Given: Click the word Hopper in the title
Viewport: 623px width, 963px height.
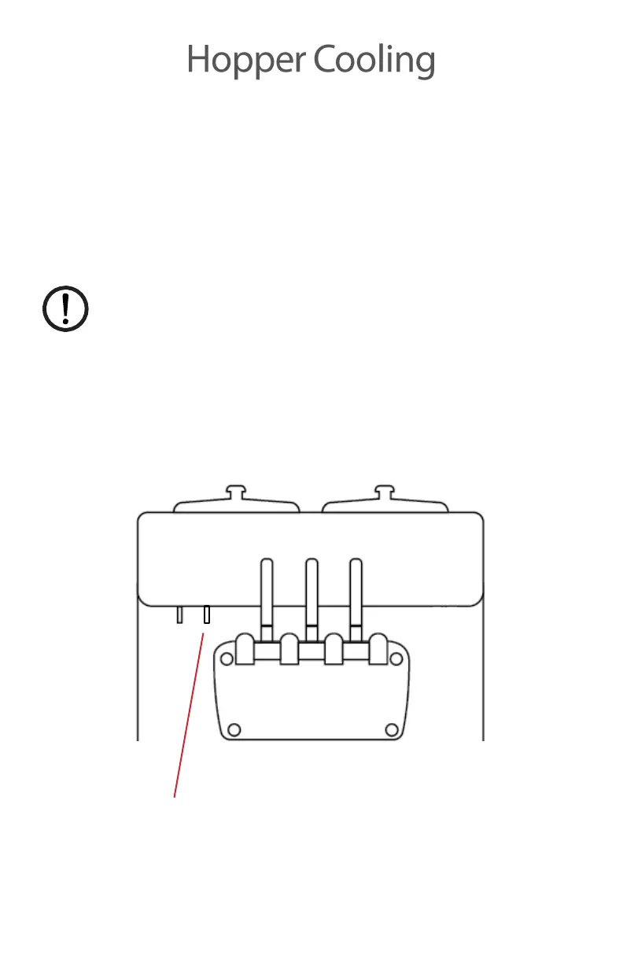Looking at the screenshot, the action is pos(246,61).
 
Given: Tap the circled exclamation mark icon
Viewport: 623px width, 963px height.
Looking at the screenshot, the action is pos(65,309).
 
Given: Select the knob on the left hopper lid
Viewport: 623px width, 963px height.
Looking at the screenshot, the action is pos(235,492).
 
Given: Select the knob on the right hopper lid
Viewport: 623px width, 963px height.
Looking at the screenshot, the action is pos(383,492).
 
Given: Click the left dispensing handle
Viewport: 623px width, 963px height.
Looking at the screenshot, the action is pos(267,590).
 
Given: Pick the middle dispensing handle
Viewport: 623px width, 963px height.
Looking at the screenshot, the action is pos(311,590).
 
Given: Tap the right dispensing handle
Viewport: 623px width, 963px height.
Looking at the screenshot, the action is pos(356,590).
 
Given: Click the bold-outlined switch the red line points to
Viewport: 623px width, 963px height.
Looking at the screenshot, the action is pos(206,614).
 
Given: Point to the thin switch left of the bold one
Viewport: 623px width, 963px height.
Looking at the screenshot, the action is pos(180,614).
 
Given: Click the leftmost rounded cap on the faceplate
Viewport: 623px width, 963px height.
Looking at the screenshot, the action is pos(245,651).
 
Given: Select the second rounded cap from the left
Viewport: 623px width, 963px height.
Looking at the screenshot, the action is pos(289,651).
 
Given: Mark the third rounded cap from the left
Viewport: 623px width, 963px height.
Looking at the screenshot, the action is pos(334,651).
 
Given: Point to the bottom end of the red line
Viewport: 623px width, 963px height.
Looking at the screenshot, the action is pos(175,795).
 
